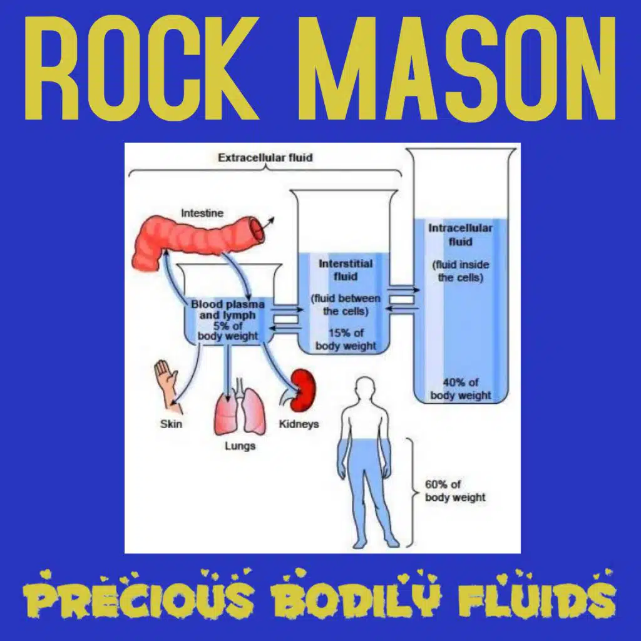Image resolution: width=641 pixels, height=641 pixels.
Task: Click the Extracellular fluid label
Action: click(x=265, y=158)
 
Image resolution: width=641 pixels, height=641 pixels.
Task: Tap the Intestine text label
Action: click(x=202, y=213)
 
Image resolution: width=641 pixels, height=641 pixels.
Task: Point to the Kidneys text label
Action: click(x=299, y=424)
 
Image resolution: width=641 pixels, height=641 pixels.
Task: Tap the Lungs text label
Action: click(x=240, y=446)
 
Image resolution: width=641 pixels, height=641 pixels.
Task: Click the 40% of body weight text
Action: click(x=461, y=389)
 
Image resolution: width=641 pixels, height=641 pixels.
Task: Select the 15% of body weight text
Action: click(x=346, y=339)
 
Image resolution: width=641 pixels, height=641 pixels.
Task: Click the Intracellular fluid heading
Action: click(x=460, y=235)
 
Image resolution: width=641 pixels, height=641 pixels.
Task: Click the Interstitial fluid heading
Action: click(x=346, y=270)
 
